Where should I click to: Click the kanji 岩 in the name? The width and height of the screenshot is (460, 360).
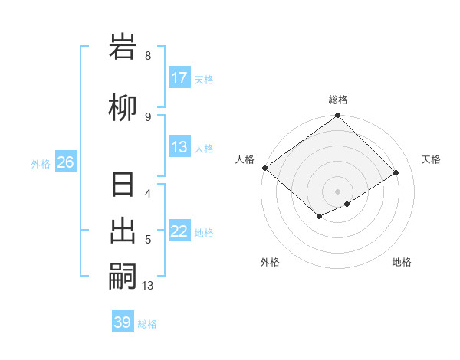pyautogui.click(x=123, y=47)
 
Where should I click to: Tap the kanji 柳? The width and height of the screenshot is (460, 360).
pyautogui.click(x=123, y=108)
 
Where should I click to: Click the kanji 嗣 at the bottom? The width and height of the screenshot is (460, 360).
pyautogui.click(x=123, y=276)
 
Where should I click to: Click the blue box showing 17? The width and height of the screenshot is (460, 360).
pyautogui.click(x=179, y=78)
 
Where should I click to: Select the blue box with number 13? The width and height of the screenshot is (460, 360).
pyautogui.click(x=179, y=148)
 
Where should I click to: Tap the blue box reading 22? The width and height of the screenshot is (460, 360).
pyautogui.click(x=179, y=232)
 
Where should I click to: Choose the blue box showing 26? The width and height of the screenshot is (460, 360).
pyautogui.click(x=65, y=162)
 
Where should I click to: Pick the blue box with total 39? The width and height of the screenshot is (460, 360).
pyautogui.click(x=123, y=322)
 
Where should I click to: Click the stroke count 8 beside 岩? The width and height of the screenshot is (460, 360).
pyautogui.click(x=148, y=56)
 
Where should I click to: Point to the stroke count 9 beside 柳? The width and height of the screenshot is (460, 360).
pyautogui.click(x=148, y=117)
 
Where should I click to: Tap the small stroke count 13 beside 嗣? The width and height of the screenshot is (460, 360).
pyautogui.click(x=148, y=286)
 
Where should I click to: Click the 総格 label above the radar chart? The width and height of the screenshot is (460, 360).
pyautogui.click(x=338, y=100)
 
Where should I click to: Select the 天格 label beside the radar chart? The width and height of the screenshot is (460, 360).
pyautogui.click(x=431, y=159)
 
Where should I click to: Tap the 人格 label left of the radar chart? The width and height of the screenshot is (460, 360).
pyautogui.click(x=245, y=159)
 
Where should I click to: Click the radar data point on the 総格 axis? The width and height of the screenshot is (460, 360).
pyautogui.click(x=338, y=116)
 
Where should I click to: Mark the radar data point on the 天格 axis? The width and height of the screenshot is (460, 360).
pyautogui.click(x=396, y=173)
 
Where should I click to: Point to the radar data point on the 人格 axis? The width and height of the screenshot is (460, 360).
pyautogui.click(x=264, y=168)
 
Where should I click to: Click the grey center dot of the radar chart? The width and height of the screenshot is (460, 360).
pyautogui.click(x=338, y=191)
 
